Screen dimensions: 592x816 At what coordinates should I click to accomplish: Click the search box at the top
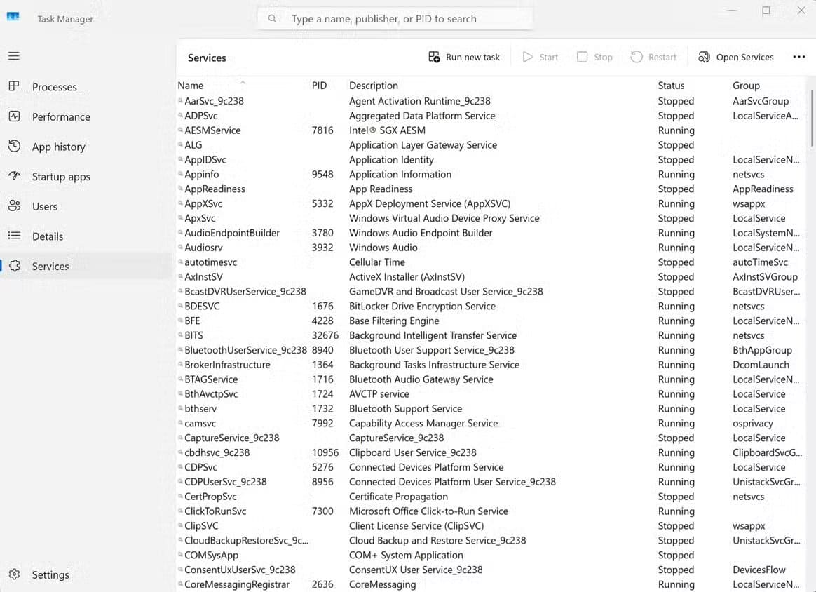point(395,19)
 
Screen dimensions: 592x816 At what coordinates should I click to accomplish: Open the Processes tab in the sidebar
point(54,87)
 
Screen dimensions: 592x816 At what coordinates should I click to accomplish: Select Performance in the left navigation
point(60,117)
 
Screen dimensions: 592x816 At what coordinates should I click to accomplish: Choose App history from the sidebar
point(58,147)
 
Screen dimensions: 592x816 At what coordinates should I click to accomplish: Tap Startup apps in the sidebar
point(60,177)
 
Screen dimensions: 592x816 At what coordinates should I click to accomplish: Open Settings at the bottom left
point(50,574)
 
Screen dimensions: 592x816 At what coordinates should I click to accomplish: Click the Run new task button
point(464,58)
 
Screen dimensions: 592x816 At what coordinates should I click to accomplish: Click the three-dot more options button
point(798,58)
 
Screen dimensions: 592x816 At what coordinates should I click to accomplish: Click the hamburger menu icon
point(14,55)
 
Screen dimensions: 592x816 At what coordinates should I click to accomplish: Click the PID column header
point(319,86)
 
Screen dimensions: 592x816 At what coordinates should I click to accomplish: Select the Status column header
point(671,86)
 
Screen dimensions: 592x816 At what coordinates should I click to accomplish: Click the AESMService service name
point(212,130)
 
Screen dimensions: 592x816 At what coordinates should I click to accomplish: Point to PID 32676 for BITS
point(325,335)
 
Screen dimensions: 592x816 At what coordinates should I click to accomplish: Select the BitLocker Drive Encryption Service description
point(422,307)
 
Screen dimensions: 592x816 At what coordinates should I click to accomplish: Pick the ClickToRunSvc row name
point(215,511)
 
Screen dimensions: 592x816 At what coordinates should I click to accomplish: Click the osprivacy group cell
point(752,424)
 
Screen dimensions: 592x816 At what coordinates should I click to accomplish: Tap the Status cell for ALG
point(676,145)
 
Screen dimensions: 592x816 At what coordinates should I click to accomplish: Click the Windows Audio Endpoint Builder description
point(421,233)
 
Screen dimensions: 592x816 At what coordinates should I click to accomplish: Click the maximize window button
point(766,11)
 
